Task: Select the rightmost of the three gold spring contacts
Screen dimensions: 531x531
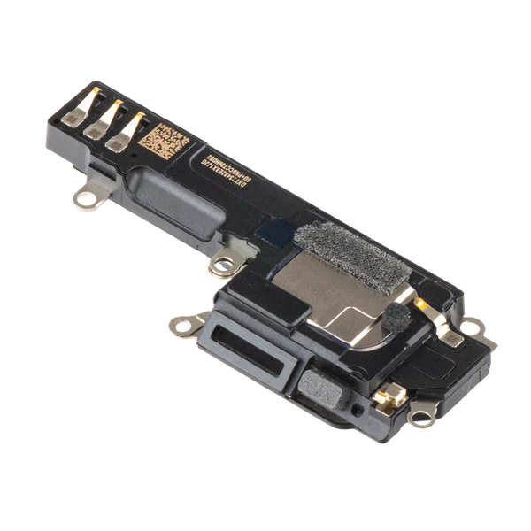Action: point(131,130)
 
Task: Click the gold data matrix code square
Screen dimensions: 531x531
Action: point(162,141)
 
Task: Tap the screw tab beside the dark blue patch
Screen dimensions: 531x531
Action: point(221,263)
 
